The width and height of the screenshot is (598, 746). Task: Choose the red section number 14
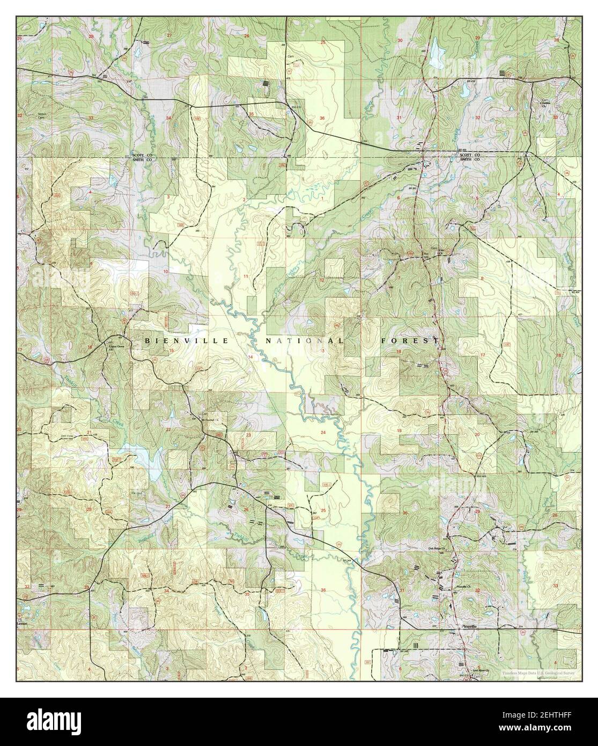pos(249,357)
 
